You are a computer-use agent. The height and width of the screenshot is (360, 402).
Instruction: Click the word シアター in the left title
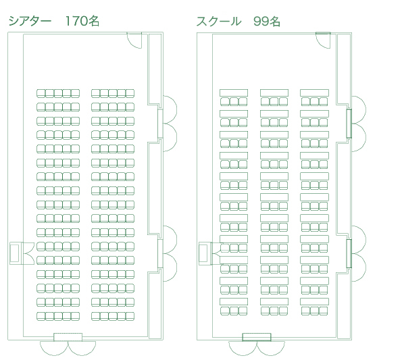[x=30, y=21]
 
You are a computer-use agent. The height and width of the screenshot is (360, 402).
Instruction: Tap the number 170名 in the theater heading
[x=82, y=21]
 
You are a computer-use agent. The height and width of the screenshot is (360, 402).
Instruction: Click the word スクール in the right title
[x=219, y=22]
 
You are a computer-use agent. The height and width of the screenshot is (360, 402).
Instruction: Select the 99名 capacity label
[x=267, y=22]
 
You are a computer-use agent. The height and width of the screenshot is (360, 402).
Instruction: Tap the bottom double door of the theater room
[x=68, y=344]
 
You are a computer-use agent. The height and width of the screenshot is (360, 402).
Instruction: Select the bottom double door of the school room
[x=257, y=344]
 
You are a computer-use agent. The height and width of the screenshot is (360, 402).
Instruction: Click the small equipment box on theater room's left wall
[x=14, y=253]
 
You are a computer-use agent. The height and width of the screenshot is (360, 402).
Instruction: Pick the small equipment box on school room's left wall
[x=203, y=253]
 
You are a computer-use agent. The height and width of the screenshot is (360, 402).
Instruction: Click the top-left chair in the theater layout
[x=41, y=93]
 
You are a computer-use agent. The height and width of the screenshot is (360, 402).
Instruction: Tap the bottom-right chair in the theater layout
[x=130, y=316]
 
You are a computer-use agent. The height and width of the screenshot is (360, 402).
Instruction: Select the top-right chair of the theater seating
[x=130, y=93]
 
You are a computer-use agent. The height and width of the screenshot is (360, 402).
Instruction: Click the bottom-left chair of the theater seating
[x=41, y=316]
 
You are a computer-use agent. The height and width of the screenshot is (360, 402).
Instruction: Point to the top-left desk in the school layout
[x=234, y=93]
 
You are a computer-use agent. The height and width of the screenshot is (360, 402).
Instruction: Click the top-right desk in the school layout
[x=315, y=93]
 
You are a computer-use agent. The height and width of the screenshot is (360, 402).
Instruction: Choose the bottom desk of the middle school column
[x=274, y=302]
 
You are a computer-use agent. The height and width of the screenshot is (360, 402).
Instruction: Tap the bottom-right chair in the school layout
[x=324, y=311]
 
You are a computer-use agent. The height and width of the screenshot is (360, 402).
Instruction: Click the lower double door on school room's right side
[x=357, y=254]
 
